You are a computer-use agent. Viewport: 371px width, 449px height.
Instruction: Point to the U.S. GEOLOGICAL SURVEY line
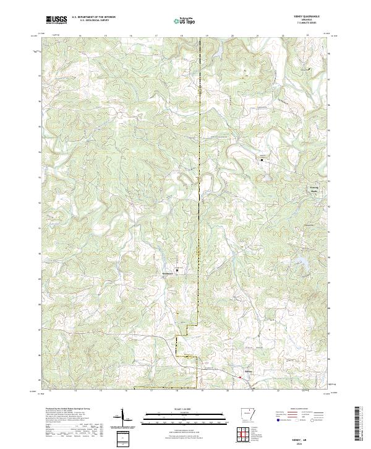tap(90, 21)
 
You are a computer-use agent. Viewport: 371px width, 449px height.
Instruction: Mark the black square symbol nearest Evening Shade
tap(262, 160)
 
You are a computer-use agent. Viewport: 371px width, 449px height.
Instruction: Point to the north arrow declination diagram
tap(123, 422)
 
